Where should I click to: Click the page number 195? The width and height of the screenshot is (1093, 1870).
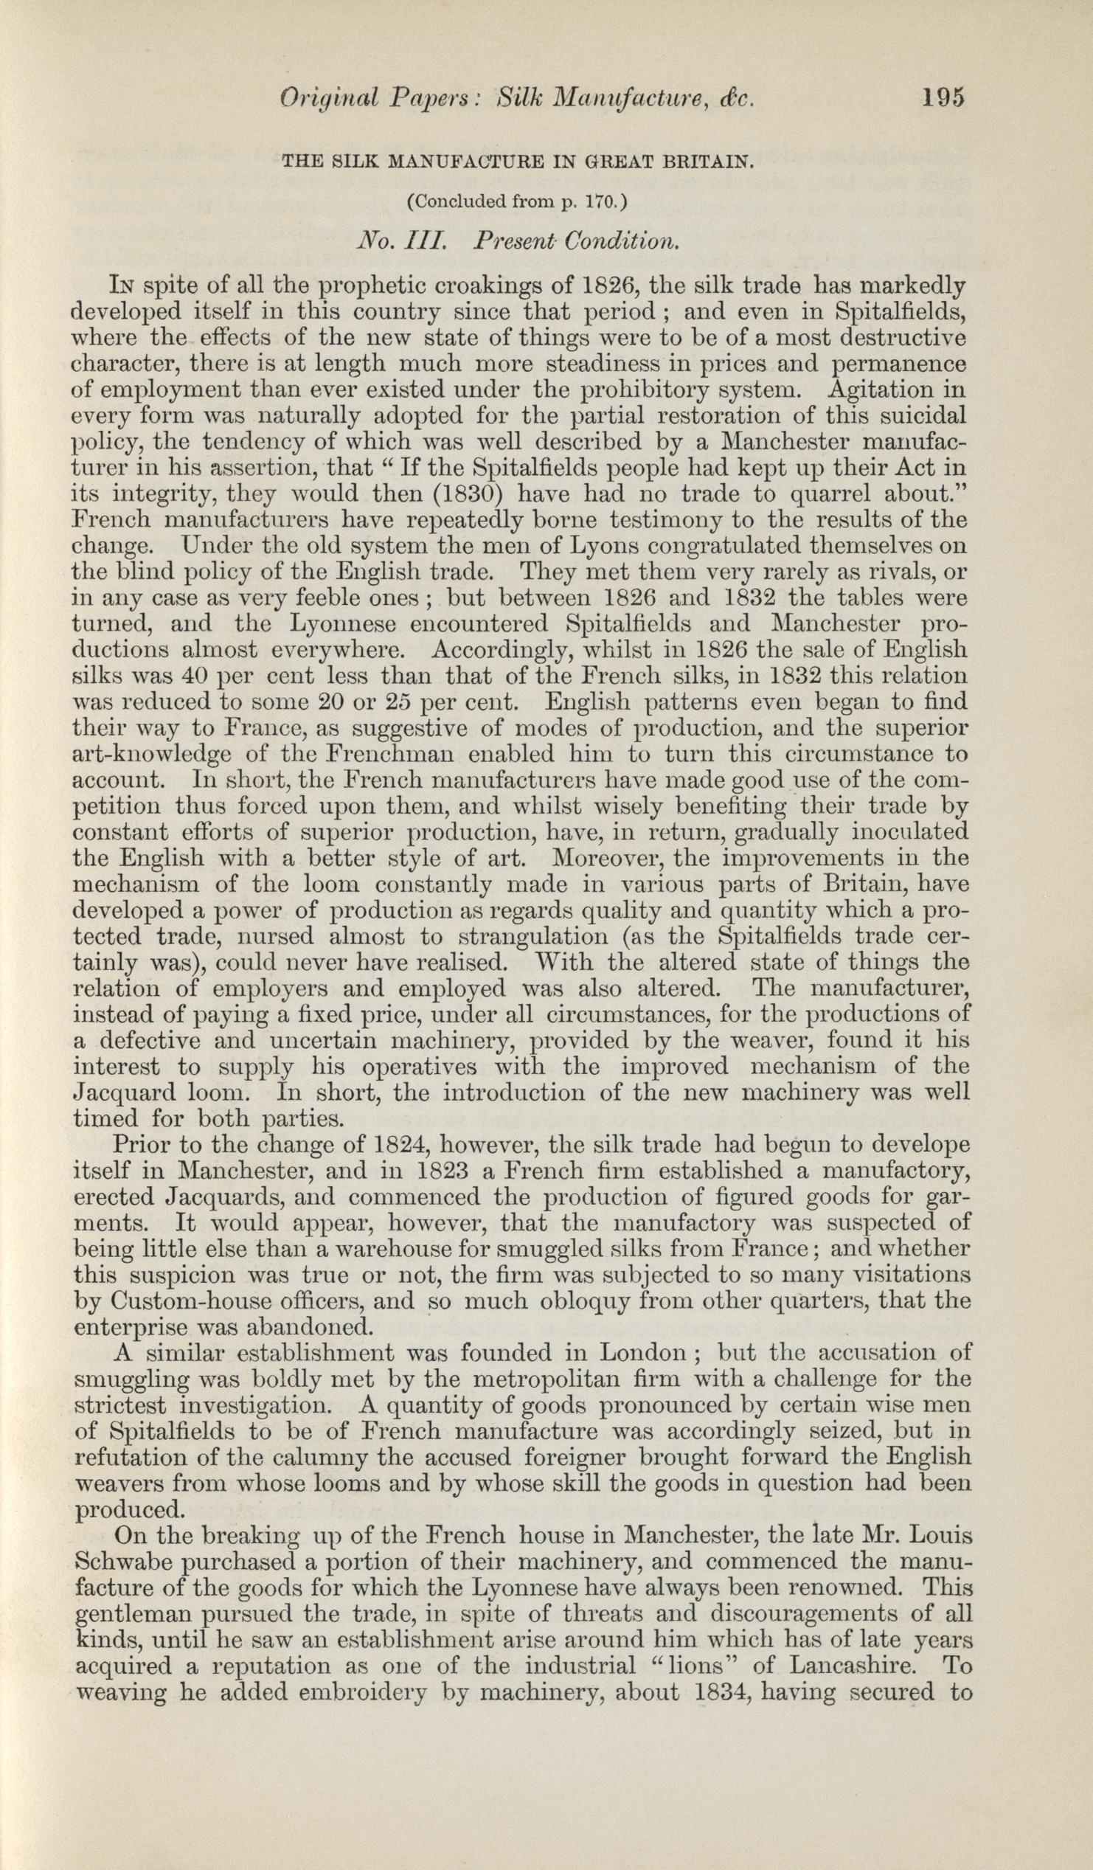click(x=941, y=97)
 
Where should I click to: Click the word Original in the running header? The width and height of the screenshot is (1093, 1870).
click(x=327, y=99)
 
